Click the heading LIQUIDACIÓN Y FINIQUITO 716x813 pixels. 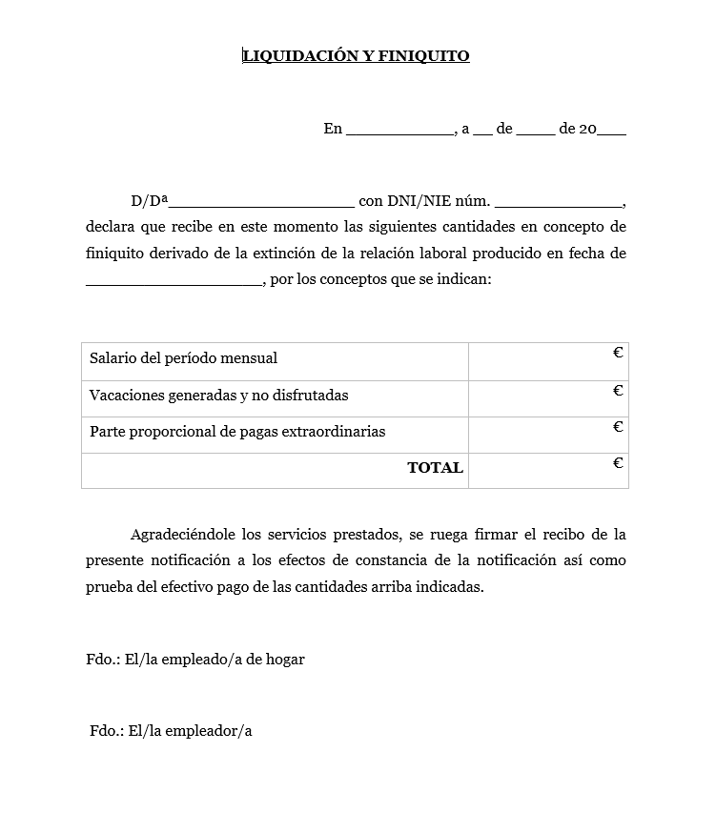356,56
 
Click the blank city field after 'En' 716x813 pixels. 399,131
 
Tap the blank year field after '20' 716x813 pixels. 611,131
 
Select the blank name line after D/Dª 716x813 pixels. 261,203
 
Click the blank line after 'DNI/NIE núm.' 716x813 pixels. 558,203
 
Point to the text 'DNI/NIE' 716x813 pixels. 413,201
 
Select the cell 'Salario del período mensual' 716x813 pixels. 183,359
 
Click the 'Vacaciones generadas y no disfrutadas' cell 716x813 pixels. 219,396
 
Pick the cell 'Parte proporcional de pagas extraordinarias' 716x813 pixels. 237,432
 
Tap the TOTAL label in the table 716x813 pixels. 435,468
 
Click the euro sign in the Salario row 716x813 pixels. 618,354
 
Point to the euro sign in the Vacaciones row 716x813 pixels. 618,391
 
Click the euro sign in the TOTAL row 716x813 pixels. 618,464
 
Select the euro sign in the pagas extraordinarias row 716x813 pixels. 618,427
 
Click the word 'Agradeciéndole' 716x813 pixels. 184,535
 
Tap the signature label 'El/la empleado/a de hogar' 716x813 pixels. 215,660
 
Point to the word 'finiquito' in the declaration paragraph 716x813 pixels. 115,254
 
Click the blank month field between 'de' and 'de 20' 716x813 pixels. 536,131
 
